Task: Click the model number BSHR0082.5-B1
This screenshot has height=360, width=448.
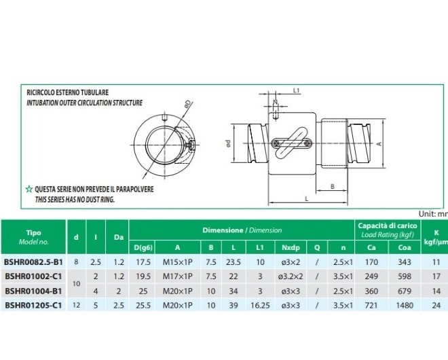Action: pos(33,262)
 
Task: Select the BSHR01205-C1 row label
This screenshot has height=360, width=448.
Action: pos(33,306)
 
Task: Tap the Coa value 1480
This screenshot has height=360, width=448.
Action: pos(405,306)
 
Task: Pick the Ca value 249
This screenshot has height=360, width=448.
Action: pos(371,276)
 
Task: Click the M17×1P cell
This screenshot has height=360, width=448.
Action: pos(177,276)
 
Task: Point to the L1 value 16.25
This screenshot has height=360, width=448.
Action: pos(260,306)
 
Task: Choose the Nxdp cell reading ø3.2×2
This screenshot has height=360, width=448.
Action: pos(291,276)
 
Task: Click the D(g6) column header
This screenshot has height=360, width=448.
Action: pos(143,248)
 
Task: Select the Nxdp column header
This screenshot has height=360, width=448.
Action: pos(291,248)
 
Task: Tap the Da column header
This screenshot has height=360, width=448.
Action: pos(119,237)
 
